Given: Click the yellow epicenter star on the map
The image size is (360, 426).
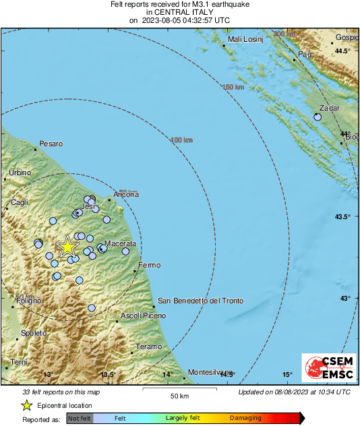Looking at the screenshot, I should pyautogui.click(x=67, y=247).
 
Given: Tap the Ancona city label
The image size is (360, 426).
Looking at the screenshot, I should pyautogui.click(x=126, y=194).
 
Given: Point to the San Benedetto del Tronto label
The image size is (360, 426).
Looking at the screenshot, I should pyautogui.click(x=200, y=301).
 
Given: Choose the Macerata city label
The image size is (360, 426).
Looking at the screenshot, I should pyautogui.click(x=121, y=243).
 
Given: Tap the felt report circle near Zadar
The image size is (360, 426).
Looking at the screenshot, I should pyautogui.click(x=318, y=117).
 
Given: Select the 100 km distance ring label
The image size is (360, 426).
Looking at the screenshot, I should pyautogui.click(x=182, y=140).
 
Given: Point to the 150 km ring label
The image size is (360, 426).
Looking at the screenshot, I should pyautogui.click(x=233, y=88).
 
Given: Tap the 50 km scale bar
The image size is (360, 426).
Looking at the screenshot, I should pyautogui.click(x=178, y=389).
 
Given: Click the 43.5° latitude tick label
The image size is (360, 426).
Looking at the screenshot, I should pyautogui.click(x=343, y=216).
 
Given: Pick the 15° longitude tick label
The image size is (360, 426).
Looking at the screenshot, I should pyautogui.click(x=287, y=374).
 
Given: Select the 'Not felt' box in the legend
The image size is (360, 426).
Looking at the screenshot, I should pyautogui.click(x=80, y=418).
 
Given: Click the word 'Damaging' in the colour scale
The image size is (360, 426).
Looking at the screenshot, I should pyautogui.click(x=245, y=418).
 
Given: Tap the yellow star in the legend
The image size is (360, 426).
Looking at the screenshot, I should pyautogui.click(x=26, y=405).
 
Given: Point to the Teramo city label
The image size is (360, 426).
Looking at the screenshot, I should pyautogui.click(x=148, y=346).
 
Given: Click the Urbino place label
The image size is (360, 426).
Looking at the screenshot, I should pyautogui.click(x=20, y=173).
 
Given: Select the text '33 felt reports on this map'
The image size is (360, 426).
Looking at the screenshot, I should pyautogui.click(x=61, y=392).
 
